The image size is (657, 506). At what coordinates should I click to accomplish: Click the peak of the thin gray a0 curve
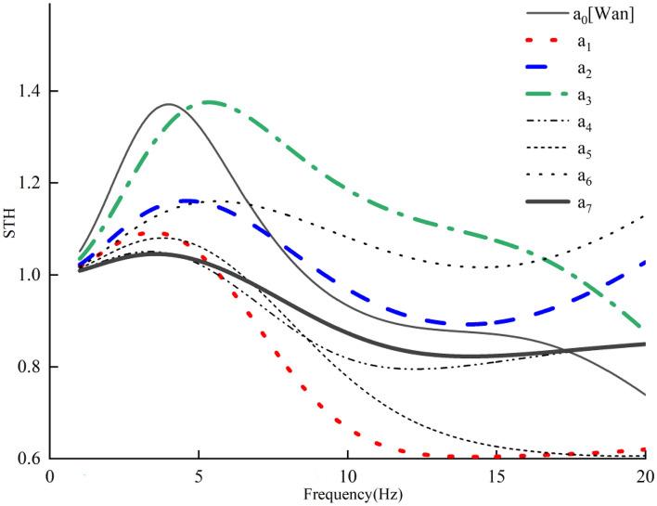pos(168,104)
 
